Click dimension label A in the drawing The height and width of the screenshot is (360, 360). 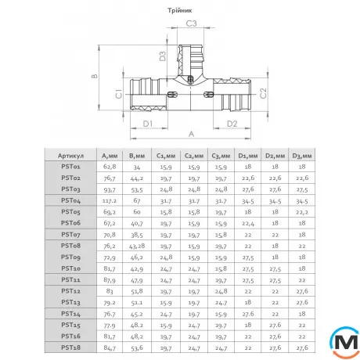click(x=190, y=135)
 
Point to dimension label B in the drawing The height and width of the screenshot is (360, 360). click(x=94, y=77)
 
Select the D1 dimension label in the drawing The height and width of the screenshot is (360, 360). click(x=146, y=123)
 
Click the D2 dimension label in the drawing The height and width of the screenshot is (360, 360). click(x=232, y=123)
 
